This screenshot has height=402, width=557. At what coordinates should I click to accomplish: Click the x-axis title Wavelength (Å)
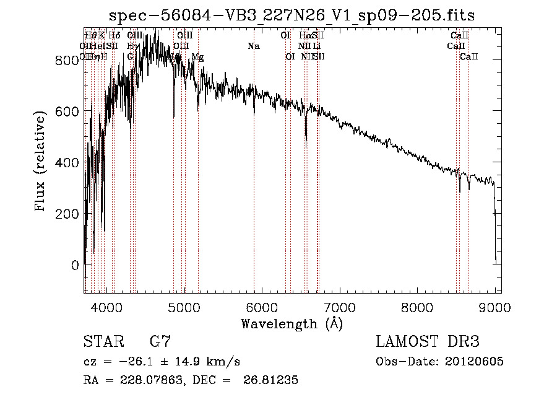coord(291,323)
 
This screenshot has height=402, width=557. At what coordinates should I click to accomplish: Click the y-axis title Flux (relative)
coord(41,162)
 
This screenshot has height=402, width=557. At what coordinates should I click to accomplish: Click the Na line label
coord(254,46)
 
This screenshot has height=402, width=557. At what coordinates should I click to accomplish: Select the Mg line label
coord(197,57)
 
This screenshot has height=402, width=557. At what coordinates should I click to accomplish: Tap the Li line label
coord(316,46)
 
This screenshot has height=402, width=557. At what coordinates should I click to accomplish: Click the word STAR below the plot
coord(101,343)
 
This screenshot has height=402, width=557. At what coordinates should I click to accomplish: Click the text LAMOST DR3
coord(428,343)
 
